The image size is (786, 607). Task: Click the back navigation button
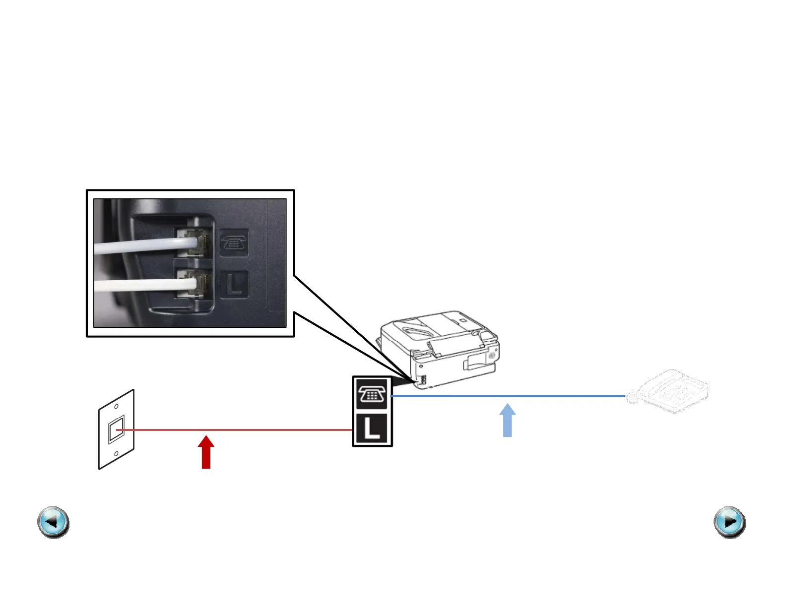[x=53, y=522]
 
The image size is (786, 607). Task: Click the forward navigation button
[x=729, y=522]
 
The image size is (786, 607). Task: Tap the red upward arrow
[x=206, y=453]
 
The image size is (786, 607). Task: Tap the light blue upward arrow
[x=507, y=421]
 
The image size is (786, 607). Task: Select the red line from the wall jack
[x=238, y=430]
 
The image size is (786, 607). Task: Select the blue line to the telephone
[x=506, y=396]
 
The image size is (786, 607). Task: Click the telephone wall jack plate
[x=117, y=429]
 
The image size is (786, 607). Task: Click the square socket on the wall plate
[x=116, y=429]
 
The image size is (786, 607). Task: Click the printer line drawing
[x=442, y=347]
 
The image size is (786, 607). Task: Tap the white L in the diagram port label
[x=372, y=428]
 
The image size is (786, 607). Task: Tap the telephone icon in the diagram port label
[x=372, y=394]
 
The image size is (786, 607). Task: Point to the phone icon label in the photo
[x=234, y=243]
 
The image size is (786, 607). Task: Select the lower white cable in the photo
[x=144, y=285]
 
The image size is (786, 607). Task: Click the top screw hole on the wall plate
[x=117, y=407]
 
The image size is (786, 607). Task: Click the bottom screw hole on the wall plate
[x=116, y=453]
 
